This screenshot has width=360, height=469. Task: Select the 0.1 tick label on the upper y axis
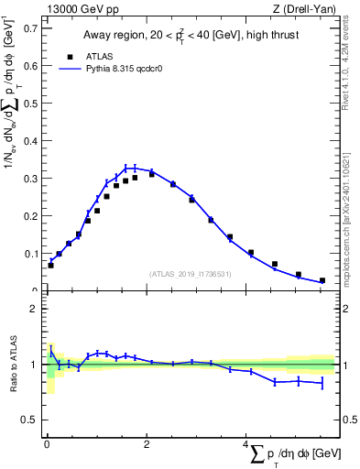pos(29,254)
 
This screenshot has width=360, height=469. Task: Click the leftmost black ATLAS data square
pos(50,265)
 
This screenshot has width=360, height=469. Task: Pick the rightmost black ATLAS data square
pos(322,280)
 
